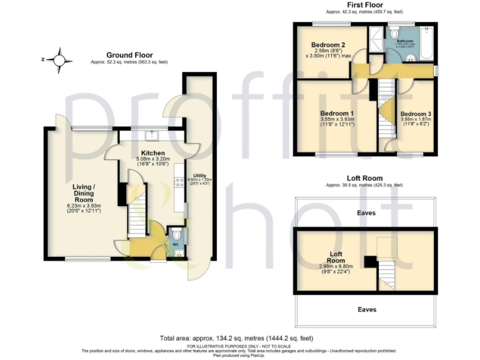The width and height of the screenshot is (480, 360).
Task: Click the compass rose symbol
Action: tap(60, 60)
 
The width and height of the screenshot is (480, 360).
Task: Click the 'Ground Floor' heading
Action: tap(129, 55)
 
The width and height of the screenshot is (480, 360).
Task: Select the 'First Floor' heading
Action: tap(364, 5)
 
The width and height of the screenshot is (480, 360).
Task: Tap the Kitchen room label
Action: tap(152, 153)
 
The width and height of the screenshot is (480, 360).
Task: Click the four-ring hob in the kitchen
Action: tap(179, 182)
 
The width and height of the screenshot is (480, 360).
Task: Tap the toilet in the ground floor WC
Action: tap(177, 235)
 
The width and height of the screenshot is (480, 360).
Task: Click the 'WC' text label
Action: tap(176, 245)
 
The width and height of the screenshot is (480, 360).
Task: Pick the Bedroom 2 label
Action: tap(328, 45)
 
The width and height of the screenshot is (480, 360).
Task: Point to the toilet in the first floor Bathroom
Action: tap(408, 58)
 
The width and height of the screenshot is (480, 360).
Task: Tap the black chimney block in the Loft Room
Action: tap(370, 262)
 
